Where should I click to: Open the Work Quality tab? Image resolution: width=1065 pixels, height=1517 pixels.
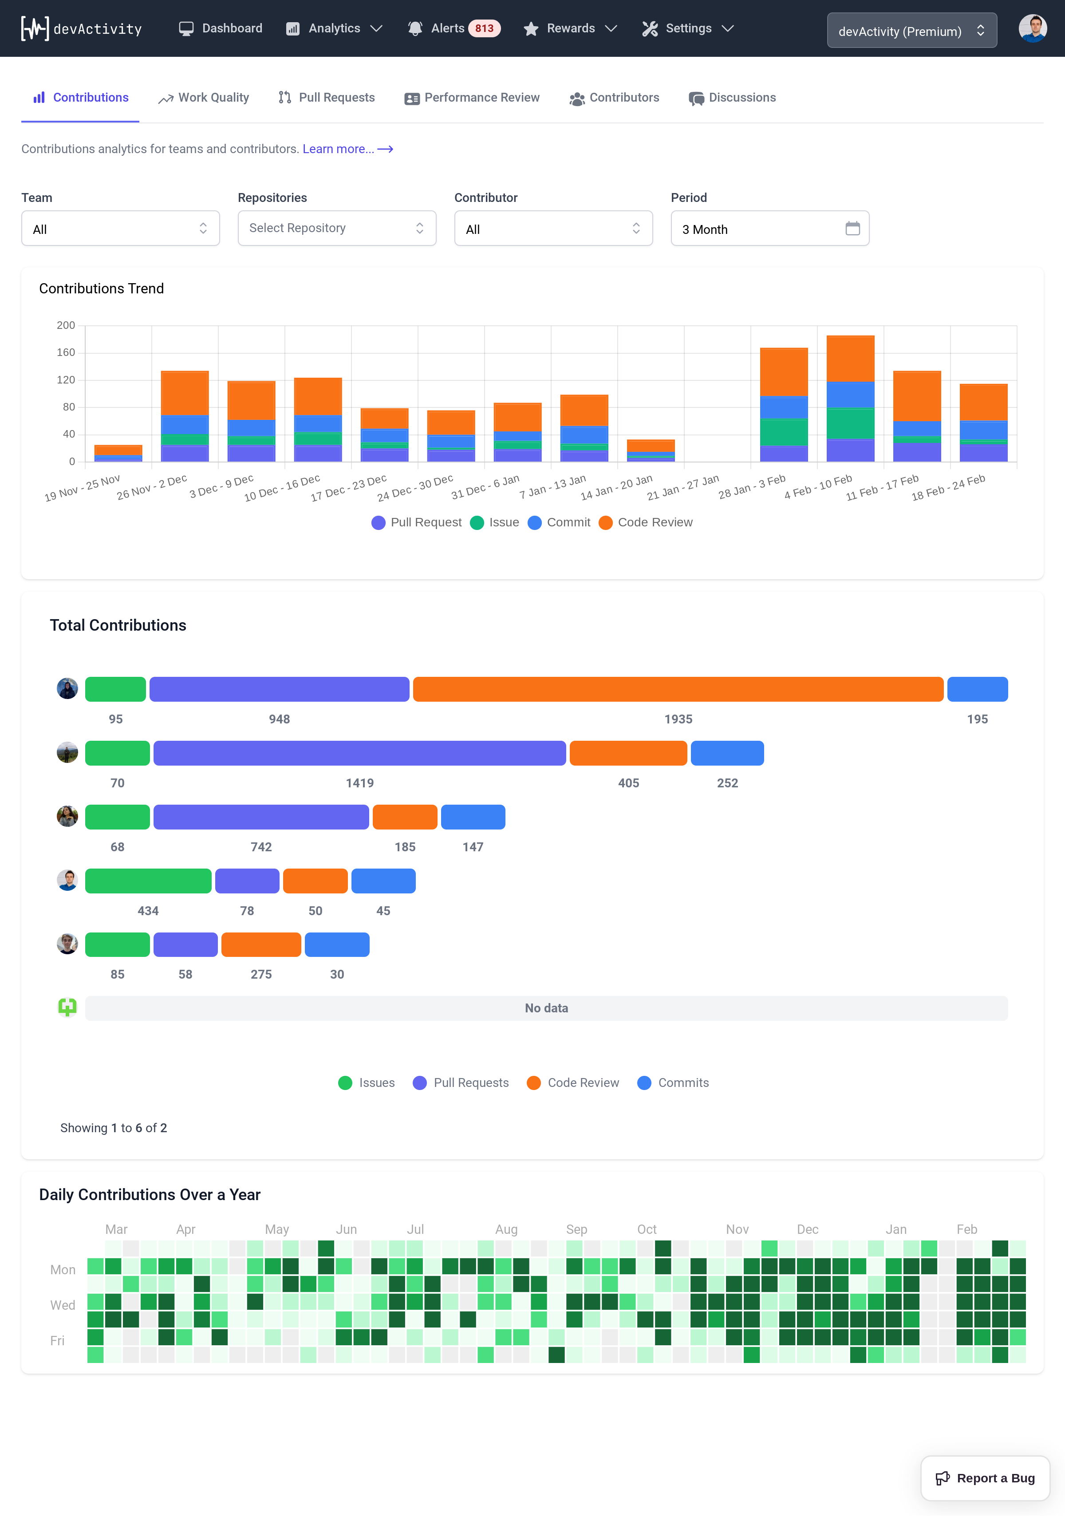point(204,98)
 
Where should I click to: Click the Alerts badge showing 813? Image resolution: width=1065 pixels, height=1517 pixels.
point(484,28)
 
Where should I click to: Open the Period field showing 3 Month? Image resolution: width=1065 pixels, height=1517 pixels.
point(769,229)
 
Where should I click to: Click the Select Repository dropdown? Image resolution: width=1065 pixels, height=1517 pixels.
point(336,229)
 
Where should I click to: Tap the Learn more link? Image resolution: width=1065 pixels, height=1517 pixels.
point(347,149)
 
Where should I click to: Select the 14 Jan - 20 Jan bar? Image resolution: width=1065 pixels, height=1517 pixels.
point(650,450)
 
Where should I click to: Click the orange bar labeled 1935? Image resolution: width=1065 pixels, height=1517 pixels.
point(678,689)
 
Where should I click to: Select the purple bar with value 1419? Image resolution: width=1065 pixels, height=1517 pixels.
point(359,753)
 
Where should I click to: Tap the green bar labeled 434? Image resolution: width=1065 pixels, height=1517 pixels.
point(148,881)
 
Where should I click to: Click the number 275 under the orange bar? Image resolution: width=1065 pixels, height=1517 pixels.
point(261,975)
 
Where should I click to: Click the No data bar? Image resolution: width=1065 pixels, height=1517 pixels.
point(546,1008)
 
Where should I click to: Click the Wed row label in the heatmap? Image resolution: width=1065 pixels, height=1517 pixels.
point(63,1305)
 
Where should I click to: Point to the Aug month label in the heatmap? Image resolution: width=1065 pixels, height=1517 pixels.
point(506,1229)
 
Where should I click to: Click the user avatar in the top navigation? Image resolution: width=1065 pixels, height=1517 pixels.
point(1032,28)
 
